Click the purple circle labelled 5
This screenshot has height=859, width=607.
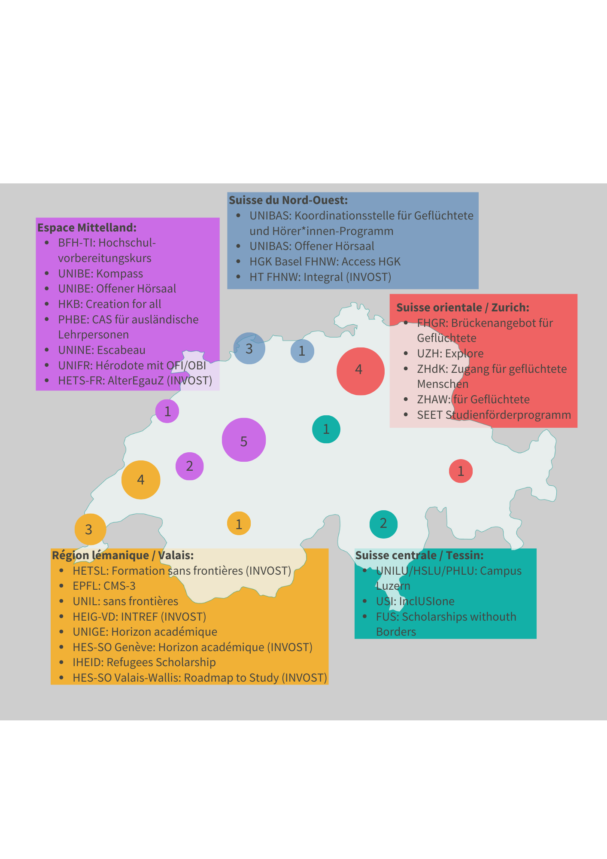coord(244,440)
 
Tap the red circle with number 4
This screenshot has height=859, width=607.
coord(361,371)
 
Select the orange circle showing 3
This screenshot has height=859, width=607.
coord(90,529)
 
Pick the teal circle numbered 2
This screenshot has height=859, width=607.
coord(383,524)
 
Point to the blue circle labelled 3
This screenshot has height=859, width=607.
coord(249,348)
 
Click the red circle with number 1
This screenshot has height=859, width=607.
coord(461,471)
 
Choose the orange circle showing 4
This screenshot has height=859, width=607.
coord(141,480)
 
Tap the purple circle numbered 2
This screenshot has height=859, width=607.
coord(189,466)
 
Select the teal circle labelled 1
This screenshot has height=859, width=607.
coord(326,429)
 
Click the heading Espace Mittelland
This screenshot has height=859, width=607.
coord(87,227)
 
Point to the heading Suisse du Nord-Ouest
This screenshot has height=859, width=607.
coord(288,200)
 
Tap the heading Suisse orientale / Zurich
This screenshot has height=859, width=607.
coord(463,308)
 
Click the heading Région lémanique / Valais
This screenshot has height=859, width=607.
coord(123,555)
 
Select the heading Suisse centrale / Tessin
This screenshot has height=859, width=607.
coord(419,555)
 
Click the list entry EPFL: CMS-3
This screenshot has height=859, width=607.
coord(104,586)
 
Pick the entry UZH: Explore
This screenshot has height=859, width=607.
coord(450,353)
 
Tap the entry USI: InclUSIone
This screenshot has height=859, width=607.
coord(415,601)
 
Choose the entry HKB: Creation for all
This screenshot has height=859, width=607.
coord(109,304)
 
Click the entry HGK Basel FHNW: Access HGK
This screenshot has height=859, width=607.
coord(325,262)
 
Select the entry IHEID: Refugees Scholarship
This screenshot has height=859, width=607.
coord(144,662)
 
